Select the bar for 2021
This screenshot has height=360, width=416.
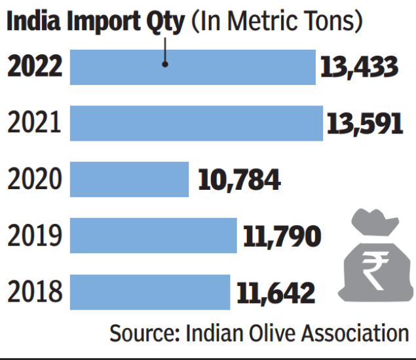[196, 123]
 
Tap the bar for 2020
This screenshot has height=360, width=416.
[129, 179]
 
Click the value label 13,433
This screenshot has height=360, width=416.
[359, 67]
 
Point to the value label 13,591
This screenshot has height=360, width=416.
[363, 123]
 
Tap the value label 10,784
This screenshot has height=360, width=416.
[239, 179]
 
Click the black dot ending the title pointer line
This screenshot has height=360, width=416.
[166, 64]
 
